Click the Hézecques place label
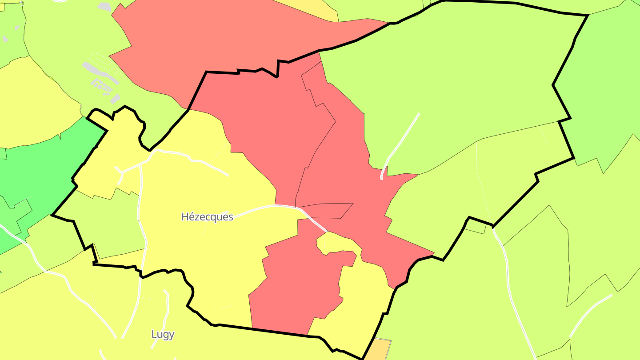[x=207, y=217]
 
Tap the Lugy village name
[x=163, y=334]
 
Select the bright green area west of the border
[x=40, y=178]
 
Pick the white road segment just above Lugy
[x=167, y=307]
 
